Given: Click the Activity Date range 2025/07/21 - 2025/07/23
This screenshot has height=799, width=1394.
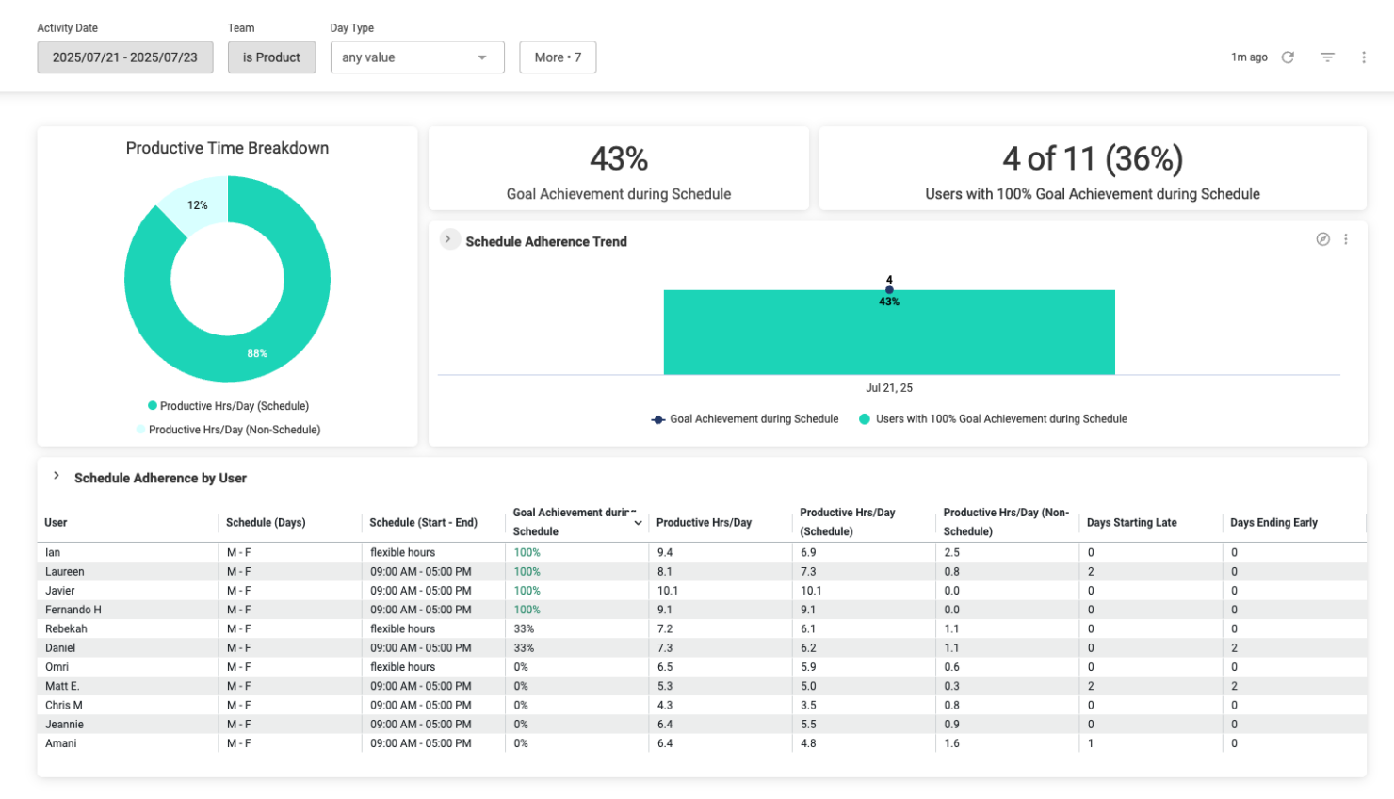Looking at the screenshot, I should [125, 57].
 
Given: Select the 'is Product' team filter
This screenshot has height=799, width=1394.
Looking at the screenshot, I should [271, 57].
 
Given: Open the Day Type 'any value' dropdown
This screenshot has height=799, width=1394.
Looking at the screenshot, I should [417, 57].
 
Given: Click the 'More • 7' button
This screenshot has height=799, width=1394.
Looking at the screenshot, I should [558, 57].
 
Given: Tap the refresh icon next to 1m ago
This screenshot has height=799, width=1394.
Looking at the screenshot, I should [1288, 57].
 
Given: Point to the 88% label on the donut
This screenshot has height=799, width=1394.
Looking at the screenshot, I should [257, 353].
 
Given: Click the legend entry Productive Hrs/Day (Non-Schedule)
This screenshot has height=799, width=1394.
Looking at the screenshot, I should [234, 430].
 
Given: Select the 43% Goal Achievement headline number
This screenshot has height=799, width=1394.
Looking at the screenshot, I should [619, 158].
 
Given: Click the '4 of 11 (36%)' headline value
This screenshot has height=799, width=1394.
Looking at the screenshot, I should [1093, 158].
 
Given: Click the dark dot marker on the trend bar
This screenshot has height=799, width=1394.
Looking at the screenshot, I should [889, 290].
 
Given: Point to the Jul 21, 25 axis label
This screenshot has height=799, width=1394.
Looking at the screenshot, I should [889, 388].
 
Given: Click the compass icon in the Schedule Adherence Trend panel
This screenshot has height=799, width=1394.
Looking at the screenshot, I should [1322, 239].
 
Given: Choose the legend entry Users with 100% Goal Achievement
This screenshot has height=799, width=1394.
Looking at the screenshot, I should [1000, 419].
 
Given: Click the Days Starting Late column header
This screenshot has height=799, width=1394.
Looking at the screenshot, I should [1131, 523].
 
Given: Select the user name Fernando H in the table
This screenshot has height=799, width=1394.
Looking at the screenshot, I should [73, 610].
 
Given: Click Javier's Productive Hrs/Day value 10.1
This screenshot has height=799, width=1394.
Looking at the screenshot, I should [667, 591].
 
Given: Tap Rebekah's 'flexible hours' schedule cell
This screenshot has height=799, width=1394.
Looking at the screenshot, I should [403, 628].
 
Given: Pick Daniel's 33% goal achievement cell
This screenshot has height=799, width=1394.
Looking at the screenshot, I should [524, 648].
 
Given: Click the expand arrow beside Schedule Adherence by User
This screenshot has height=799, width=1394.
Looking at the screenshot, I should [57, 476].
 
